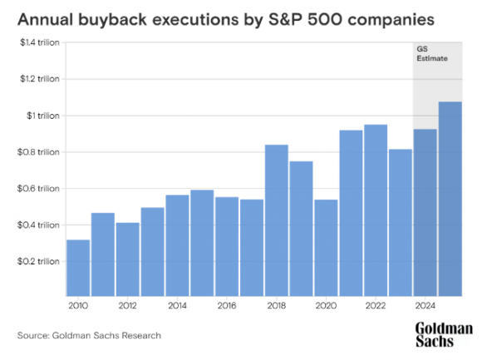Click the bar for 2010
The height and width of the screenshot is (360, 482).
[x=78, y=268]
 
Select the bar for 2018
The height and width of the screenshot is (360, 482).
[x=277, y=220]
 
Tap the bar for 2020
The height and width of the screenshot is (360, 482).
[x=327, y=248]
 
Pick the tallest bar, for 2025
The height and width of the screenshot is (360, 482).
[x=450, y=199]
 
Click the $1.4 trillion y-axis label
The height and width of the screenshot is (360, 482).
[x=38, y=42]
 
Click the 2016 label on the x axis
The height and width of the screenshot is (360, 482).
[x=227, y=306]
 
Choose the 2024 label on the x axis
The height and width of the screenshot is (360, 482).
[x=425, y=306]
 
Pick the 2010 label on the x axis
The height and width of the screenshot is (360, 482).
[x=78, y=306]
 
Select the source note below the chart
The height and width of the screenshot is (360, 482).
[x=89, y=335]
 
